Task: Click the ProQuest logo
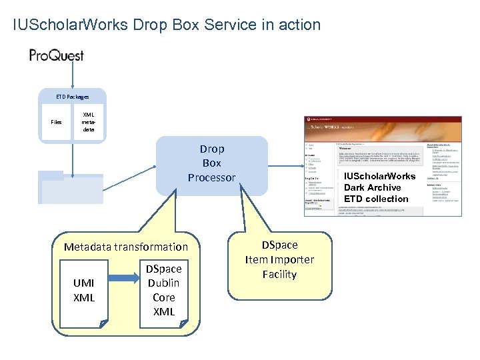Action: (x=57, y=55)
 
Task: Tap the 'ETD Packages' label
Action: (x=72, y=97)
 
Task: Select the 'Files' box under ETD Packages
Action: (x=56, y=122)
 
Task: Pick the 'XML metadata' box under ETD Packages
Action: (x=88, y=121)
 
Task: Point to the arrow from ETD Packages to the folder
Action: (x=72, y=157)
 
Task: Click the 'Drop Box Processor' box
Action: (x=211, y=163)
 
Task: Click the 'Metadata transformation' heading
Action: (x=126, y=247)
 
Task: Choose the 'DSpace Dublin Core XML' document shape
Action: (x=163, y=290)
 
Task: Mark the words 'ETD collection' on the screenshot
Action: (x=376, y=199)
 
